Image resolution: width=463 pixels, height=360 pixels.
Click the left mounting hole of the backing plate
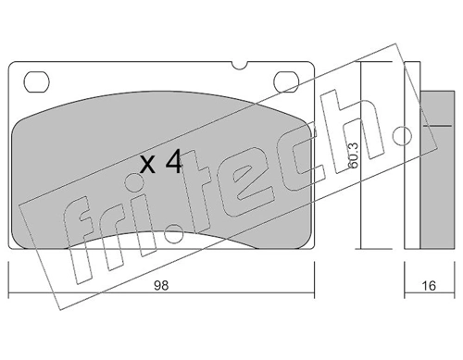tap(38, 81)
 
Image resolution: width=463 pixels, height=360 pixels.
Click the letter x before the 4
tap(146, 167)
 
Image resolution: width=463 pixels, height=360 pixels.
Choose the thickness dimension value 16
tap(428, 287)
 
